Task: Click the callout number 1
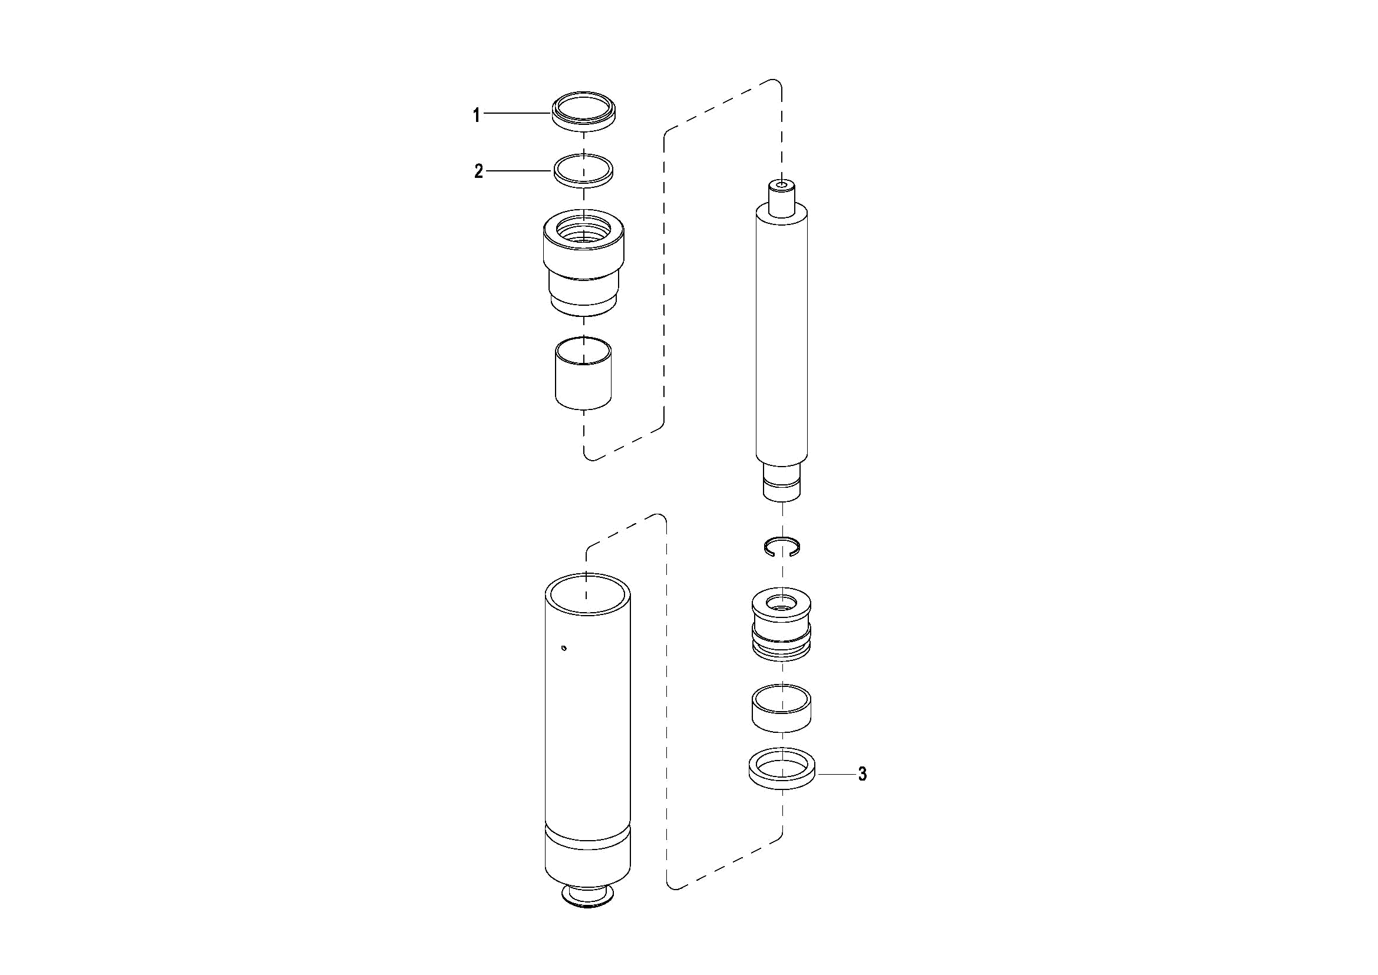(x=477, y=115)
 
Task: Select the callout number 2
(x=478, y=171)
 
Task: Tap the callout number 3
(x=863, y=774)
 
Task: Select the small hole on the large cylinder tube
(x=563, y=647)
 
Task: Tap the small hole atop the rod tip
(x=782, y=185)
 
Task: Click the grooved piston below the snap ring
(x=782, y=624)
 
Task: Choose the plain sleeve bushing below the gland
(x=583, y=373)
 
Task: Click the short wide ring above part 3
(x=782, y=708)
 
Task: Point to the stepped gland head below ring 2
(x=584, y=262)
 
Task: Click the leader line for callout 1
(x=518, y=113)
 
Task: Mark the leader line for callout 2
(x=519, y=171)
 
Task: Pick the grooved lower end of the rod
(x=782, y=481)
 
